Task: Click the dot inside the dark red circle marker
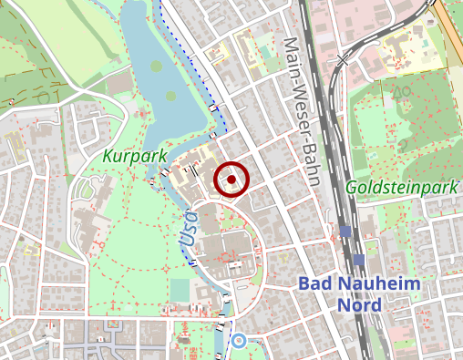[x=231, y=180]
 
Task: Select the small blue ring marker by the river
[x=239, y=342]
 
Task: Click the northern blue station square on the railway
[x=345, y=231]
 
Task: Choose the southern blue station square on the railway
[x=359, y=260]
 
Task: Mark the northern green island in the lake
[x=157, y=66]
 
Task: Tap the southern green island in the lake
[x=170, y=95]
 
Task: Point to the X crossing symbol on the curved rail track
[x=343, y=60]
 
